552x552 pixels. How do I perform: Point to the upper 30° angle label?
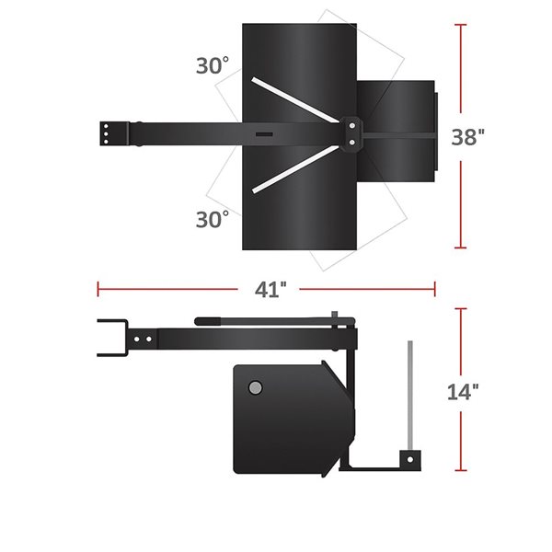[x=213, y=66]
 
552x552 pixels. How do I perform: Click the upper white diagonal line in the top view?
[x=295, y=101]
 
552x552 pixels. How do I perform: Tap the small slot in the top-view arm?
[x=264, y=135]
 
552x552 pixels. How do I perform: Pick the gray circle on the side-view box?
[x=255, y=387]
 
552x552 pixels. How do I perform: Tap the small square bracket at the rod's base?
[x=408, y=457]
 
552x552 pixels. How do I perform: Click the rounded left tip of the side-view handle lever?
[x=199, y=321]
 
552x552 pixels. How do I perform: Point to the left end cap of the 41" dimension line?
[x=98, y=289]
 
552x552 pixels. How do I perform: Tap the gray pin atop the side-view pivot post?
[x=339, y=315]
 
